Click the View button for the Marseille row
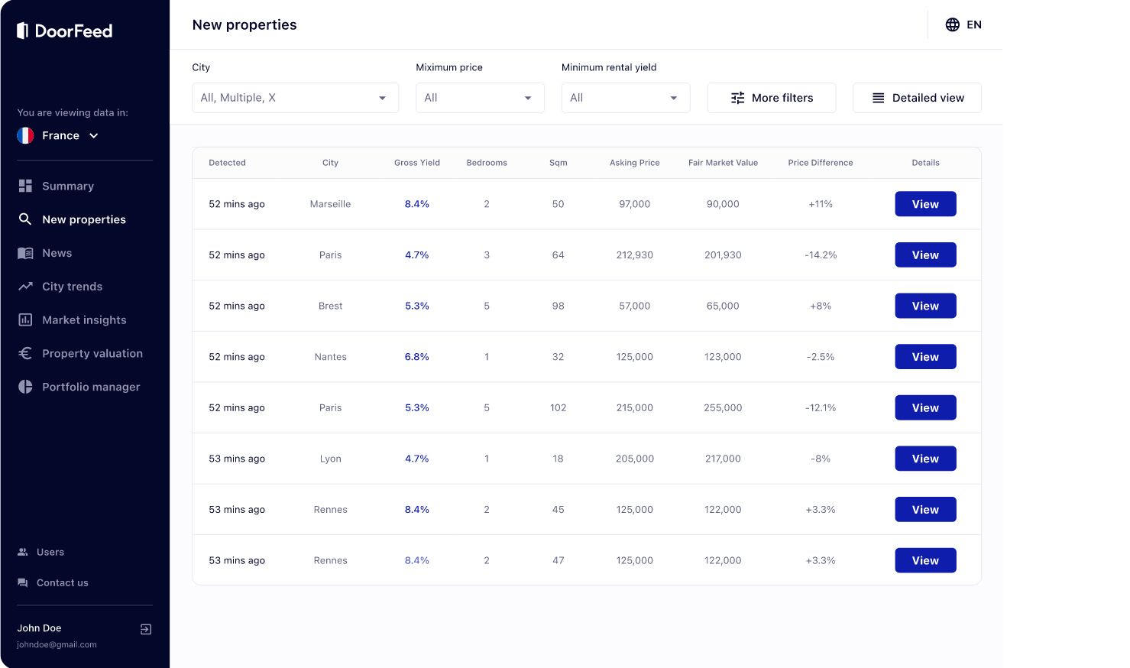[x=925, y=204]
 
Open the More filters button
[x=772, y=98]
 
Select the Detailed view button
[x=917, y=98]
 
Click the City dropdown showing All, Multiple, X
[x=295, y=98]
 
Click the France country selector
[x=58, y=136]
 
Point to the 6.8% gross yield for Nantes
[x=416, y=357]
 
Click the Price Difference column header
[x=821, y=163]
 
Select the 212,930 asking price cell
[x=635, y=255]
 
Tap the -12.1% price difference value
[x=821, y=407]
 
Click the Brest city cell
[x=330, y=306]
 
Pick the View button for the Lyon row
[x=925, y=459]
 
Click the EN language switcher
[x=963, y=24]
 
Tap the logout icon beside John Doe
[x=146, y=629]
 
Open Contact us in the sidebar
[x=53, y=582]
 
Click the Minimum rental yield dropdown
[x=626, y=98]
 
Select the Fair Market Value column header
[x=723, y=163]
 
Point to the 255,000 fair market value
[x=723, y=407]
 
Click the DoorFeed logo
[x=65, y=31]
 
